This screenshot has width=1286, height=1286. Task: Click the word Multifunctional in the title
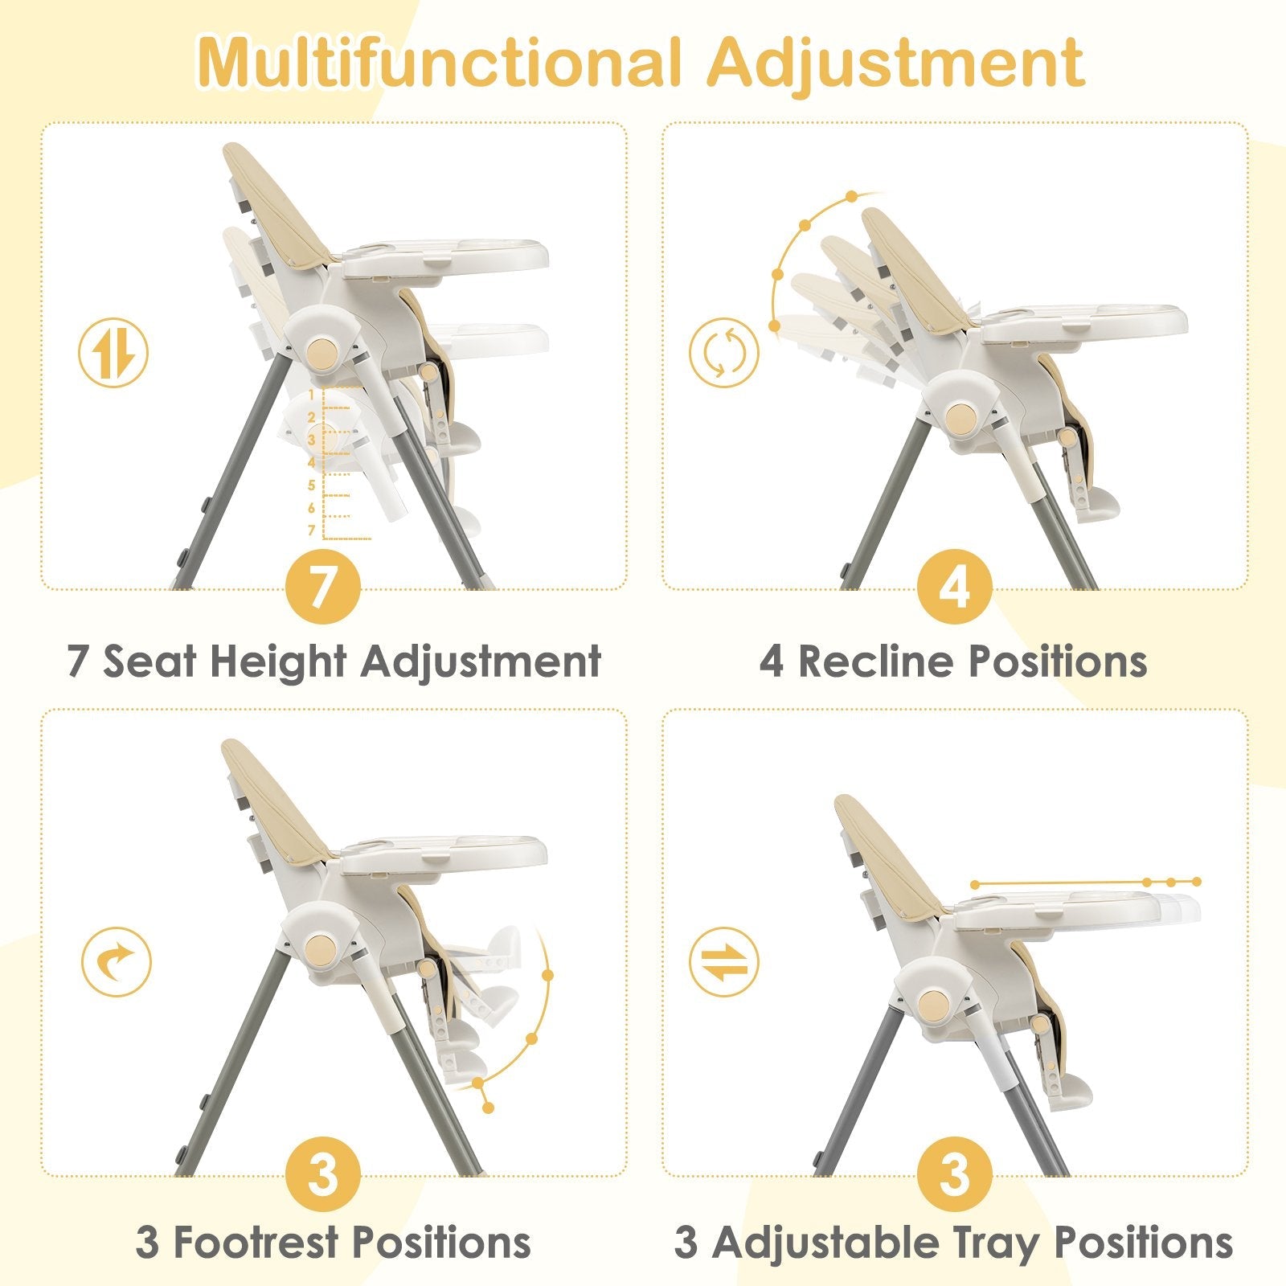point(438,63)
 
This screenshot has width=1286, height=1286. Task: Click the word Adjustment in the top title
point(895,63)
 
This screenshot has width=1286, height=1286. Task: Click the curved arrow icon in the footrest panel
point(117,961)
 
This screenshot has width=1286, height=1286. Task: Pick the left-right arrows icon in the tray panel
point(723,961)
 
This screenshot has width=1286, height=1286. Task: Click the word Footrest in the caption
point(255,1242)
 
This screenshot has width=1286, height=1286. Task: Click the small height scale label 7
point(312,530)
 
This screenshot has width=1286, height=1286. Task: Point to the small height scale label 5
point(312,485)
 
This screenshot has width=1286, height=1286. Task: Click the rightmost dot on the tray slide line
point(1197,882)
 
